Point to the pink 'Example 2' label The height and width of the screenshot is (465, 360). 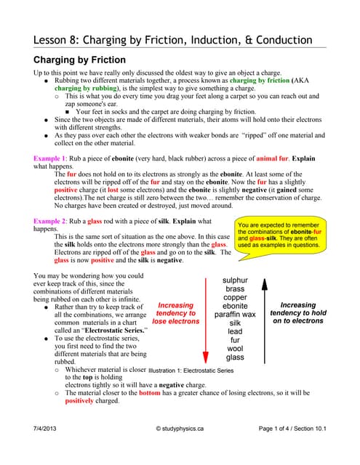click(x=52, y=221)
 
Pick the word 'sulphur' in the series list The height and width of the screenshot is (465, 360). click(x=235, y=280)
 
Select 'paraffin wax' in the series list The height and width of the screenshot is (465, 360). click(x=235, y=315)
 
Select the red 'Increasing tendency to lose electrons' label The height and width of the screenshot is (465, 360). click(x=176, y=313)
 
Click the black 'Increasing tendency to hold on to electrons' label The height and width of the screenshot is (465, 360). click(x=308, y=313)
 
